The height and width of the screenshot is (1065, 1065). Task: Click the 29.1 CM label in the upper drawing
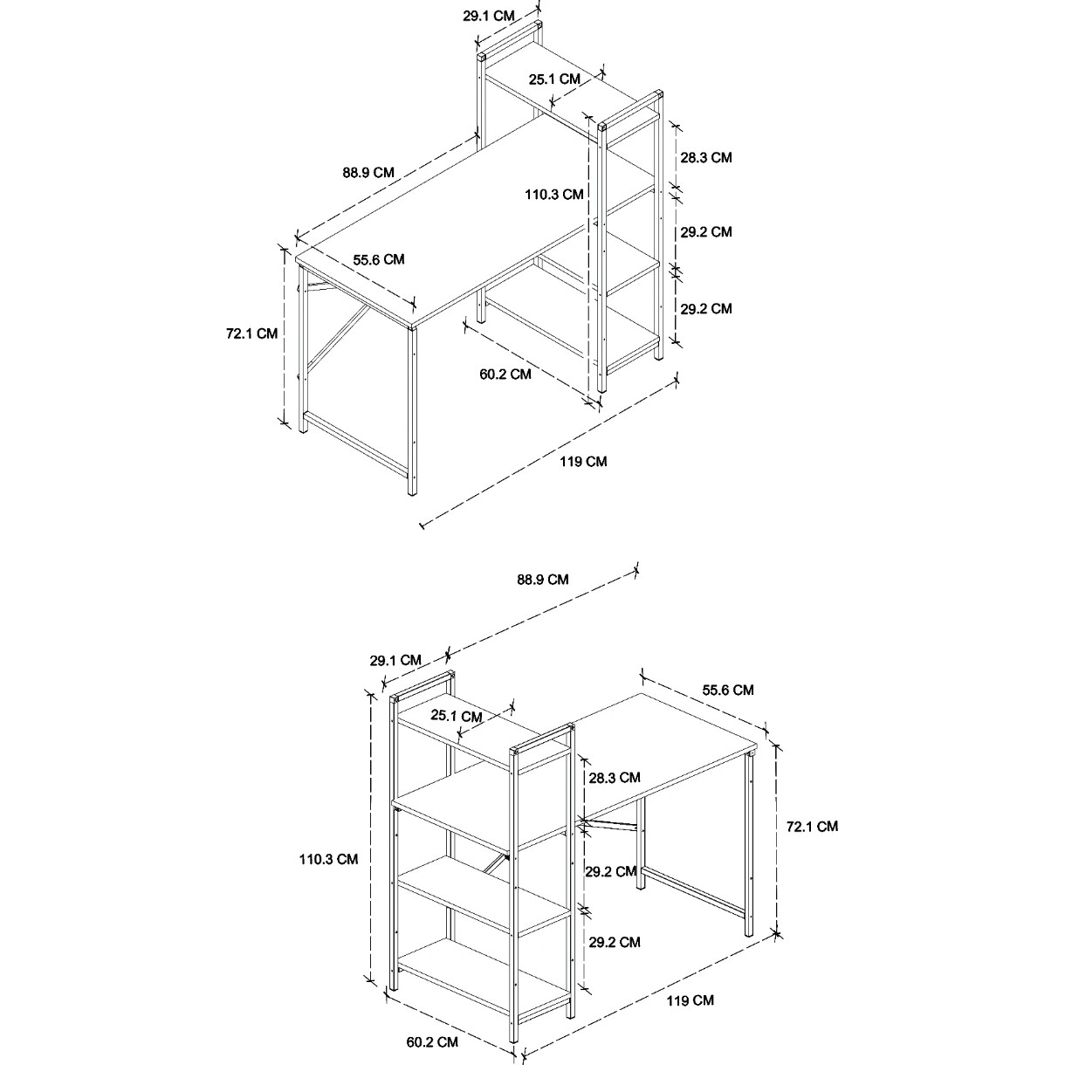coord(489,16)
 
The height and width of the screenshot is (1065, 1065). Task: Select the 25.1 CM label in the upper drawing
coord(554,79)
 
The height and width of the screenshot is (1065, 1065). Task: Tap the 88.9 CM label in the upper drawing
coord(368,173)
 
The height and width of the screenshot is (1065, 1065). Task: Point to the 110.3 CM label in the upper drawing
coord(553,195)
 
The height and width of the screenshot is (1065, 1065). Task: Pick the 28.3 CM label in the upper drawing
coord(705,158)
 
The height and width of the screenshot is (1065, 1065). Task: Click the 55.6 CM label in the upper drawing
coord(379,259)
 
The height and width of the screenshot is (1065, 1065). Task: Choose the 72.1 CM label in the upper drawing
coord(251,333)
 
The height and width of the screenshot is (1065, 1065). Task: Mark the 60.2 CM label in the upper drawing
coord(505,374)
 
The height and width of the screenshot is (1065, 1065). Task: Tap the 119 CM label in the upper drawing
coord(583,461)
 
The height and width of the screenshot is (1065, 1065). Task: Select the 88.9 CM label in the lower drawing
coord(543,579)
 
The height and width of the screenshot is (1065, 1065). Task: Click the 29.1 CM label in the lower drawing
coord(395,660)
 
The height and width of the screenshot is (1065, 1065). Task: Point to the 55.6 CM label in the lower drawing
coord(728,690)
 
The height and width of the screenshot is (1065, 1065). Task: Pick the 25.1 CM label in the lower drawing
coord(457,717)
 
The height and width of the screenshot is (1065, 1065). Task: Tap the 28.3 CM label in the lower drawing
coord(614,778)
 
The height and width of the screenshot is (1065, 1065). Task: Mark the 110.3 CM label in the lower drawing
coord(328,859)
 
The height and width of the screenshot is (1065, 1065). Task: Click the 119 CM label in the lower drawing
coord(690,1000)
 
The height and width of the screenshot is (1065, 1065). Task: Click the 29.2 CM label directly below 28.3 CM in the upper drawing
coord(705,232)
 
